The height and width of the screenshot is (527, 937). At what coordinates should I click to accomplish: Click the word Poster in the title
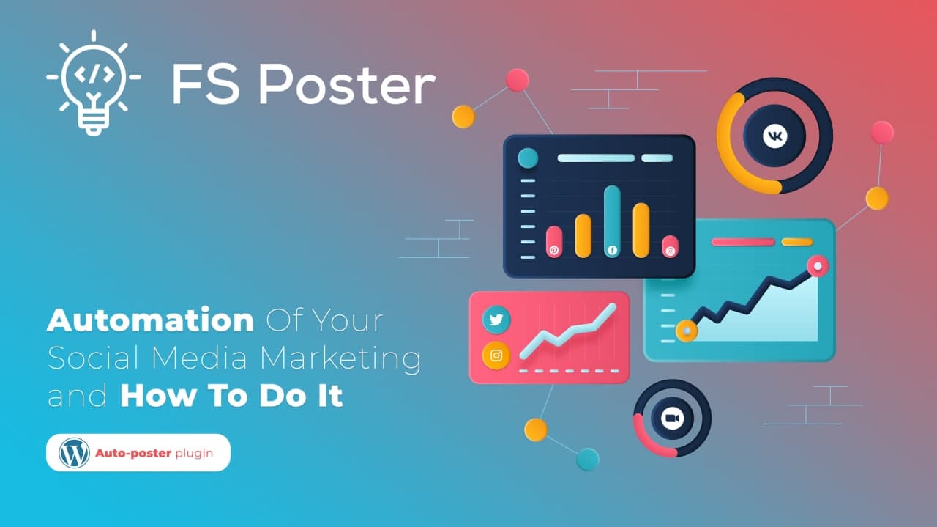coord(346,85)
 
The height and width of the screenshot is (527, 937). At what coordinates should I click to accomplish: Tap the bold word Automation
coord(150,321)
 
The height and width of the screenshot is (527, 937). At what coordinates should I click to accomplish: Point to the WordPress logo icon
coord(74,452)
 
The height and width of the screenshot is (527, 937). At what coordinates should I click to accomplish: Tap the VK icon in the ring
coord(774,136)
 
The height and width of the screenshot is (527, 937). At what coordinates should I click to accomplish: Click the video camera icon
coord(671,418)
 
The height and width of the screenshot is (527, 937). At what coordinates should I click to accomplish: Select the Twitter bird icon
coord(496,320)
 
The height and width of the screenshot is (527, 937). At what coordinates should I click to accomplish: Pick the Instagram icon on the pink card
coord(496,355)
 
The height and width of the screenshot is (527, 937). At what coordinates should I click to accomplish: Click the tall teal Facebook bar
coord(612,220)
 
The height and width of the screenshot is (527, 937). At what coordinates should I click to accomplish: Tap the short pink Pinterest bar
coord(554,242)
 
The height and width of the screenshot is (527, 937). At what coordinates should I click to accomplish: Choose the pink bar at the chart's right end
coord(670,246)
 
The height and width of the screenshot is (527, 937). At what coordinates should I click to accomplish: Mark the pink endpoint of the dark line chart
coord(817,265)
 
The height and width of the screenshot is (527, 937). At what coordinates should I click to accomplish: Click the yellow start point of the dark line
coord(686,331)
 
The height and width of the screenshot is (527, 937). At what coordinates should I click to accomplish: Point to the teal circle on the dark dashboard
coord(527,158)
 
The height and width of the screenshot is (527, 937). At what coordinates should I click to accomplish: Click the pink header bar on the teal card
coord(742,242)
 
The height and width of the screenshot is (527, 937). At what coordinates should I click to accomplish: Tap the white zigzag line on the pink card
coord(567,334)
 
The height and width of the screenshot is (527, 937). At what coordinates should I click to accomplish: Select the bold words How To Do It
coord(231,397)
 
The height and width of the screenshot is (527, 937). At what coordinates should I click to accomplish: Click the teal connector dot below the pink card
coord(587,459)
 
